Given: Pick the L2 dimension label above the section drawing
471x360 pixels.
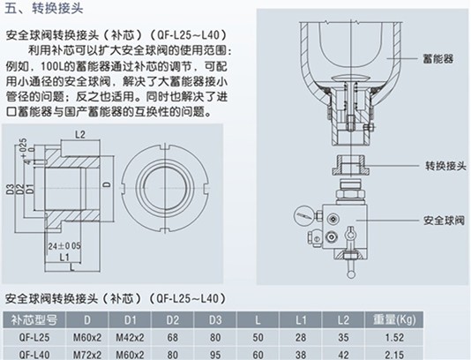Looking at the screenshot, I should (78, 134).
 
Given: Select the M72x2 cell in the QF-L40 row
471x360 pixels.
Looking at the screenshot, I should (86, 353).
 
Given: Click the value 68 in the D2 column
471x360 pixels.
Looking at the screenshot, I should (174, 336).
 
